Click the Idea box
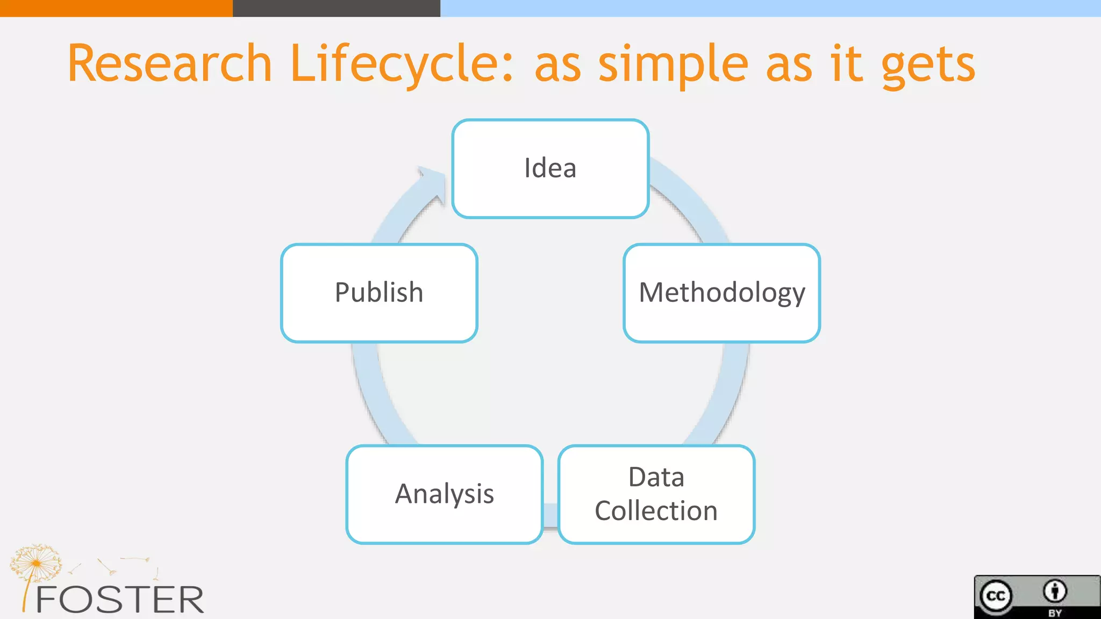point(550,169)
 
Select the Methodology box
point(721,293)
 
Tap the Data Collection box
point(656,494)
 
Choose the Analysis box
point(445,494)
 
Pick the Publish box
point(379,293)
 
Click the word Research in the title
point(170,64)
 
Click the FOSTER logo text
point(119,600)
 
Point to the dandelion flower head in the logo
point(36,562)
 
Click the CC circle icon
point(996,596)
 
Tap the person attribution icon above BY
point(1055,591)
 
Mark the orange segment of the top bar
point(116,8)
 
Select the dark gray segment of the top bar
point(337,8)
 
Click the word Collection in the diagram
point(656,511)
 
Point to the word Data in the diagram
point(656,477)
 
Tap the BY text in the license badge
point(1055,613)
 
